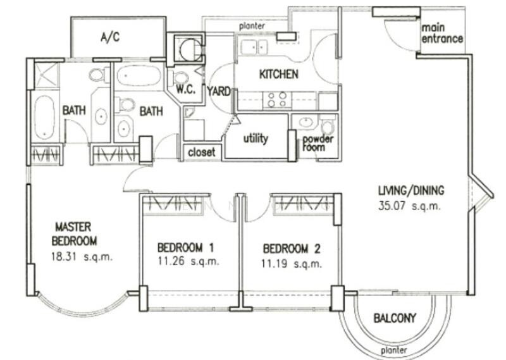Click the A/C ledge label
point(111,37)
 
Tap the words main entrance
point(442,34)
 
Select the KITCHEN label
point(278,74)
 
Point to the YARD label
point(219,91)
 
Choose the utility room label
point(256,138)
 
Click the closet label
point(202,152)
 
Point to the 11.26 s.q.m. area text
point(188,261)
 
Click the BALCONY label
point(395,318)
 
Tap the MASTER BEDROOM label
point(74,233)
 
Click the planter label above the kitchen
point(252,26)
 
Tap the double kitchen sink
point(256,46)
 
